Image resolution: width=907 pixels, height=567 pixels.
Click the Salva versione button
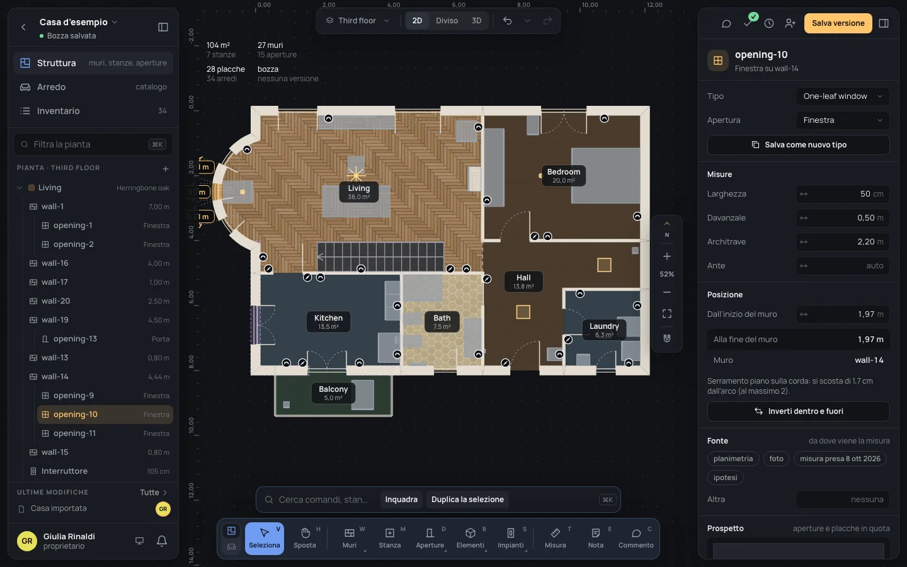838,23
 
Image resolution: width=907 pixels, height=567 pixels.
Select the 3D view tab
476,21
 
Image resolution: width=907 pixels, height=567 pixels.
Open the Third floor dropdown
358,21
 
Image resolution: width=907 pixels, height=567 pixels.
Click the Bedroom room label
564,175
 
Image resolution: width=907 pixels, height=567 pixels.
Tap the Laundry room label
604,329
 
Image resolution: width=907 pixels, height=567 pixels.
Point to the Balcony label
333,393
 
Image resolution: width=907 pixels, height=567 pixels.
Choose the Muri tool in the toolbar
349,538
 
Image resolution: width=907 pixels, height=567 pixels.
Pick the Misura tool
555,538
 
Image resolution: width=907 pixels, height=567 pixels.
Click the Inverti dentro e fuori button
798,411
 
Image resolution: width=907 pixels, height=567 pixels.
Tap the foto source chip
776,459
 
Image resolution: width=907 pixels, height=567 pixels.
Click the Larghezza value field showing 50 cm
843,193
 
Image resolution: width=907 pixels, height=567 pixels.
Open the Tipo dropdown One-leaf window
843,96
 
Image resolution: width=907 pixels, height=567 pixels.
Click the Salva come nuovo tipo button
798,145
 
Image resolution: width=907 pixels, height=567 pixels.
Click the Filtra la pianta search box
93,144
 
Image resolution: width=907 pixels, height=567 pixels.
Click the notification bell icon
161,541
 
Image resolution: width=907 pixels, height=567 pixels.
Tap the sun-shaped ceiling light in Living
355,175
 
